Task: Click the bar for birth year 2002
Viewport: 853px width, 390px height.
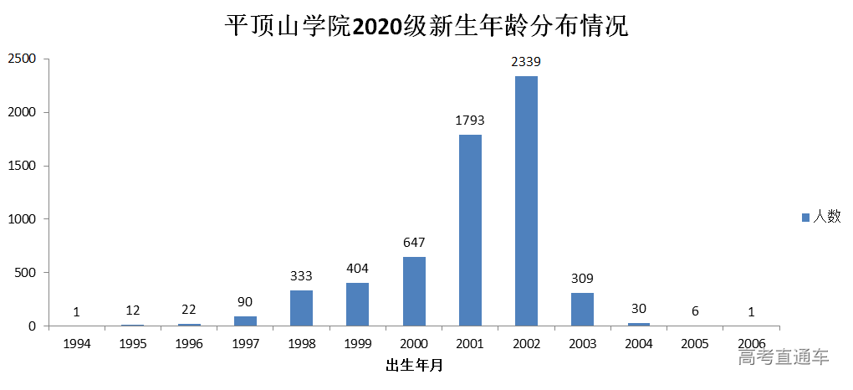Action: [x=526, y=201]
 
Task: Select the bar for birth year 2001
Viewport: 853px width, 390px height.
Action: [x=470, y=230]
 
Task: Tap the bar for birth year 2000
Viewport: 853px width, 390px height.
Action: [x=414, y=291]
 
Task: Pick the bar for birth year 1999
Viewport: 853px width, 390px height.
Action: [x=357, y=304]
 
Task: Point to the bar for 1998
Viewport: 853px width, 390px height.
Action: [x=301, y=308]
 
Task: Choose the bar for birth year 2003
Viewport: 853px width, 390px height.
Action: [x=582, y=309]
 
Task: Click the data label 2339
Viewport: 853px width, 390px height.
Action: [x=526, y=62]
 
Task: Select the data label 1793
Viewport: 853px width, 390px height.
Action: [x=470, y=121]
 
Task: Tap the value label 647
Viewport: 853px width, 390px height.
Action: [x=414, y=243]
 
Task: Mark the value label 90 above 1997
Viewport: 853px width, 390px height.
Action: [x=245, y=301]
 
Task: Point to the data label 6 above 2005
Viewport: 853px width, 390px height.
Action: [x=695, y=310]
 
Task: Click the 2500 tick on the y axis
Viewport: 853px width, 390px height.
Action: [x=22, y=59]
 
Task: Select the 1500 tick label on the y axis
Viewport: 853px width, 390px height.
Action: [x=22, y=166]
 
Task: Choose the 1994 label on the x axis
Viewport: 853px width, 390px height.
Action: [x=76, y=344]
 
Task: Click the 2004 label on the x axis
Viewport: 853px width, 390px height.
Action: [x=639, y=344]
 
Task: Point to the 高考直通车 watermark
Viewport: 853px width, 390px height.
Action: [x=784, y=357]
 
